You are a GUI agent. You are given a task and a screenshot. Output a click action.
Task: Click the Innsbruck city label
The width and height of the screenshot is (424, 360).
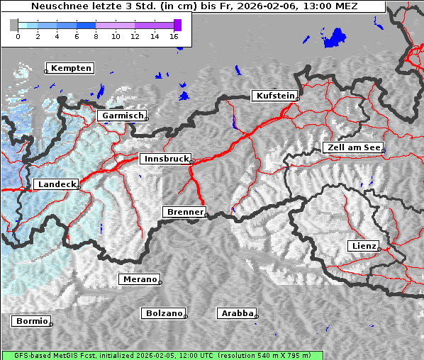click(x=164, y=159)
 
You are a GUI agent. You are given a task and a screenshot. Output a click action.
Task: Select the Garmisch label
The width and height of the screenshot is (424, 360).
click(x=123, y=116)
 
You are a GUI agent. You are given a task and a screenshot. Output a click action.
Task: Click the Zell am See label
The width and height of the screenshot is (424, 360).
click(x=352, y=147)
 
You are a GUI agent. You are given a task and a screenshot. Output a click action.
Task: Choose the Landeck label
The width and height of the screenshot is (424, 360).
click(x=56, y=184)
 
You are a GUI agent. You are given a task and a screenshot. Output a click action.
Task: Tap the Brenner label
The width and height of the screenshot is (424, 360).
click(x=185, y=212)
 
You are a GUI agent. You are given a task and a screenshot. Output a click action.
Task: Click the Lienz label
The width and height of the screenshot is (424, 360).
click(x=364, y=246)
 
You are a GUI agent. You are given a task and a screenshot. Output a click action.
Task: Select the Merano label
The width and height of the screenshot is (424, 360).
click(x=140, y=279)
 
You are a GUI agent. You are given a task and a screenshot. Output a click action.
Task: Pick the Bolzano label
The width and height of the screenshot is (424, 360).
click(x=164, y=313)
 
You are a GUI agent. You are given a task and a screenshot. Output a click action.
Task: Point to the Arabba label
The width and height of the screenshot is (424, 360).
click(x=238, y=313)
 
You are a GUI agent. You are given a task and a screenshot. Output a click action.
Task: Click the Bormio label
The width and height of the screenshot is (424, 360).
click(x=32, y=321)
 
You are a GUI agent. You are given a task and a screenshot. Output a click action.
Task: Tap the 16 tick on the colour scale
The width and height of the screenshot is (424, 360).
click(x=174, y=35)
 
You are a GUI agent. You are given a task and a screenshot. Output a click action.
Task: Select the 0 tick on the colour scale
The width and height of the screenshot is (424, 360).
click(x=18, y=35)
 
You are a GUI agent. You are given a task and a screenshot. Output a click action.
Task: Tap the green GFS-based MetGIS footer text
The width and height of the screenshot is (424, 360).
click(x=162, y=355)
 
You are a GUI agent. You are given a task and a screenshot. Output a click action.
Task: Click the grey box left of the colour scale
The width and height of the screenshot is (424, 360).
click(x=13, y=25)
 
